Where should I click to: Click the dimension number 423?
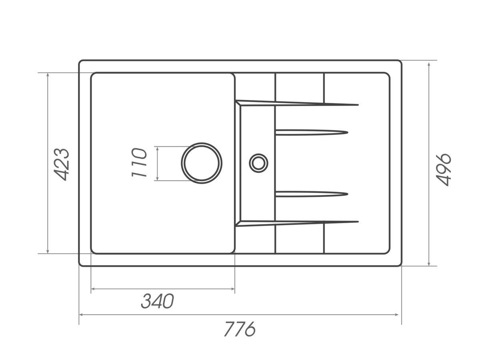[x=62, y=165]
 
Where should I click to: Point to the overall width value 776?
[x=240, y=329]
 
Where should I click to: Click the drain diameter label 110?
[x=139, y=162]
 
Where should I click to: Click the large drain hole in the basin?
[x=202, y=163]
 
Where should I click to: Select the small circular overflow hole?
[x=258, y=163]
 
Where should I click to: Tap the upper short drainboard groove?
[x=312, y=132]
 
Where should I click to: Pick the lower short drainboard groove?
[x=312, y=194]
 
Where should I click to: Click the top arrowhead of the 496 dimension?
[x=429, y=64]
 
